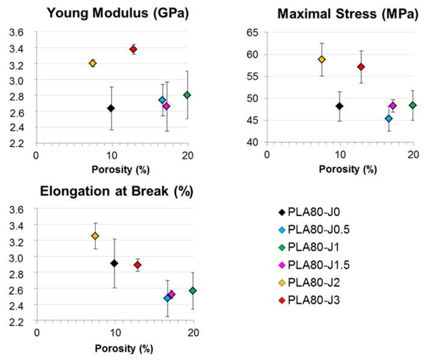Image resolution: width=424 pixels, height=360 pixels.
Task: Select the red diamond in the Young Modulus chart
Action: pyautogui.click(x=134, y=49)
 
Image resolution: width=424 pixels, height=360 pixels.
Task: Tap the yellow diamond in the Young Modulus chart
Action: pyautogui.click(x=93, y=63)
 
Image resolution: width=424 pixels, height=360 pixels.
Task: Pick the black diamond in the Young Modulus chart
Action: pyautogui.click(x=111, y=108)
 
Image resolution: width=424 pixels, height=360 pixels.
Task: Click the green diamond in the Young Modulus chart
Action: pyautogui.click(x=187, y=95)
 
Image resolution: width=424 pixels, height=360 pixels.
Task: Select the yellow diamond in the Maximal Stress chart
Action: pyautogui.click(x=322, y=60)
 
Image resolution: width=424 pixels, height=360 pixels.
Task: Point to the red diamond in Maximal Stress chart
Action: pyautogui.click(x=361, y=67)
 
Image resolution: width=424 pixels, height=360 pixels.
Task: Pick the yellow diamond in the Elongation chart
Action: pyautogui.click(x=95, y=236)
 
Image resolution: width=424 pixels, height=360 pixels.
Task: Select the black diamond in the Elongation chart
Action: pyautogui.click(x=114, y=263)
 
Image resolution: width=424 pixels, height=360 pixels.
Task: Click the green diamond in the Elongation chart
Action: pyautogui.click(x=193, y=291)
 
